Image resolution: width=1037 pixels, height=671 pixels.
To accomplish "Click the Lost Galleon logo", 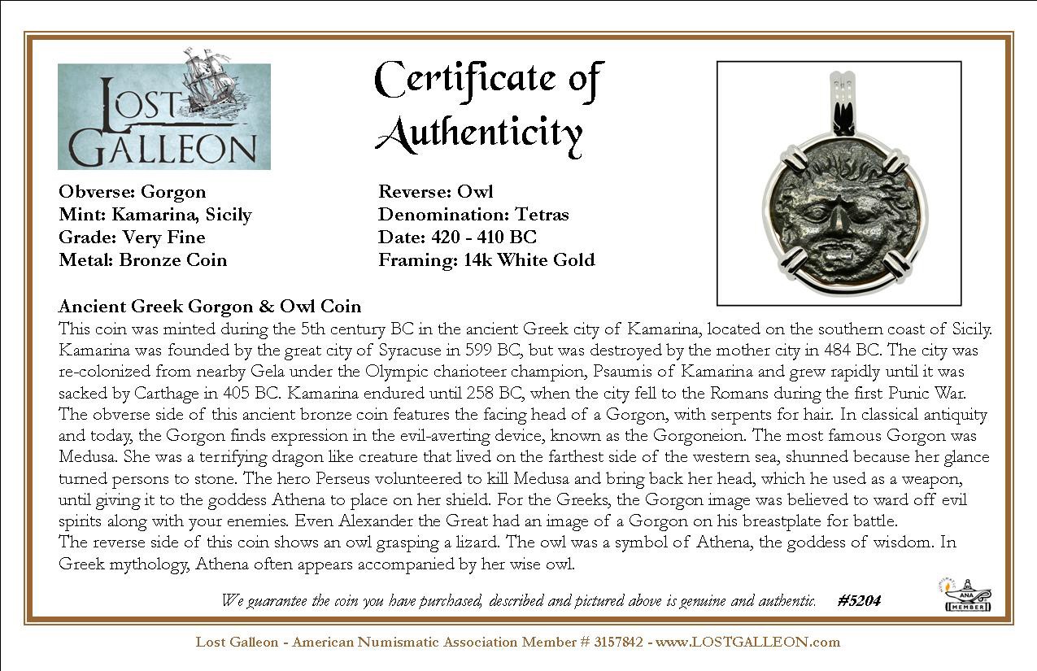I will coord(163,115).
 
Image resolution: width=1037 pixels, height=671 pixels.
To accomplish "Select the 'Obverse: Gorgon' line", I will coord(133,192).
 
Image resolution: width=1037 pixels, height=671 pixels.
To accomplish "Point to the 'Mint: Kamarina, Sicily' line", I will coord(155,215).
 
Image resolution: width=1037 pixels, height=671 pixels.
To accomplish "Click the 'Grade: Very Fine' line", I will coord(132,237).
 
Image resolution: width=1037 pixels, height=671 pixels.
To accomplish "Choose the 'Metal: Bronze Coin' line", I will coord(143,260).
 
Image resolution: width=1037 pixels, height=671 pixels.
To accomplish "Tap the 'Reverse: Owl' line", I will coord(436,192).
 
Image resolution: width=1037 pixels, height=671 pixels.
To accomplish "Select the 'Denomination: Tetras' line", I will coord(473,215).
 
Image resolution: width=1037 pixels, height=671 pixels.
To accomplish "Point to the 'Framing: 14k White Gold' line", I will coord(486,260).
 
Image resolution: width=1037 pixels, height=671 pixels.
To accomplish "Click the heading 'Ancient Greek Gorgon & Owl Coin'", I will coord(210,307).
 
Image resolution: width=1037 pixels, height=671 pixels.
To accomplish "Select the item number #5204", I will coord(859,601).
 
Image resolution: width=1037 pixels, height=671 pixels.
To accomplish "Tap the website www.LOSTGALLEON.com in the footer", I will coord(747,642).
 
